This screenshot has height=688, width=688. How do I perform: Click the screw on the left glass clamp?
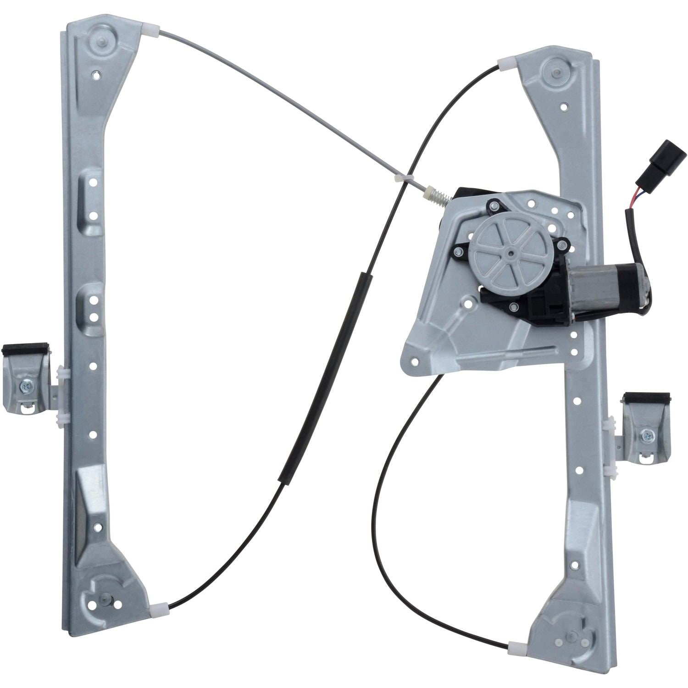tap(24, 388)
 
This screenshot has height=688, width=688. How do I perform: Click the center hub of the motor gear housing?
tap(510, 251)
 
